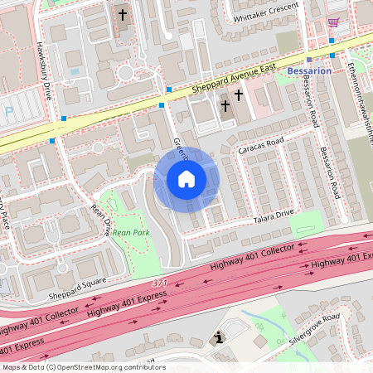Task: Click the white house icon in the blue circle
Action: point(186,179)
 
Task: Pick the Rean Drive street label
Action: point(100,220)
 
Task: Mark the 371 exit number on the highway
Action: point(171,283)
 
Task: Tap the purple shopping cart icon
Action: point(334,22)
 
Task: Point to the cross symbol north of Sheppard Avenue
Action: point(123,14)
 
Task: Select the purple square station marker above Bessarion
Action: point(308,60)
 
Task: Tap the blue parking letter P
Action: point(8,110)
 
